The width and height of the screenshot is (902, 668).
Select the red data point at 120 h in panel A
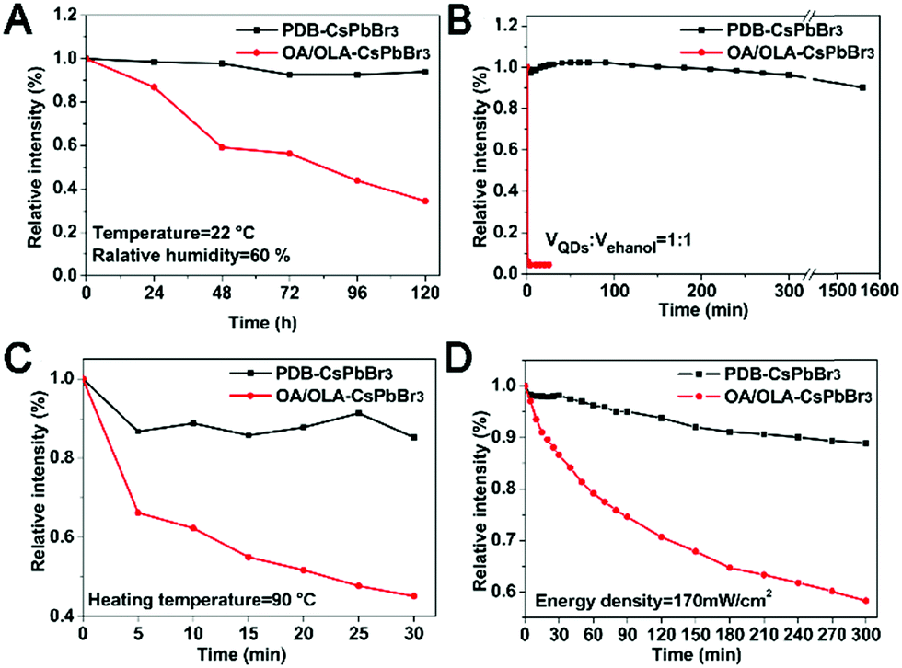[x=424, y=201]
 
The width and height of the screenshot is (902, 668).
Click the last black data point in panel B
[x=862, y=87]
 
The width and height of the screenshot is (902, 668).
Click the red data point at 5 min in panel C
[x=138, y=513]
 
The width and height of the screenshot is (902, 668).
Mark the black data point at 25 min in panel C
[x=358, y=413]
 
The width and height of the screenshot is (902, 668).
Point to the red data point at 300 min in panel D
[x=864, y=601]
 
